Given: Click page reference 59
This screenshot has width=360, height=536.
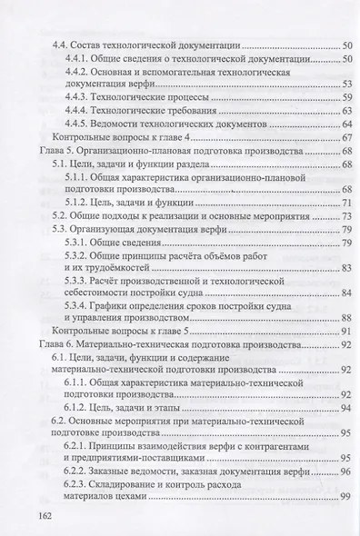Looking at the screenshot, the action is [x=346, y=96].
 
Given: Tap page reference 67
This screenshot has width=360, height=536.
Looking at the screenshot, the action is [x=346, y=137].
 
